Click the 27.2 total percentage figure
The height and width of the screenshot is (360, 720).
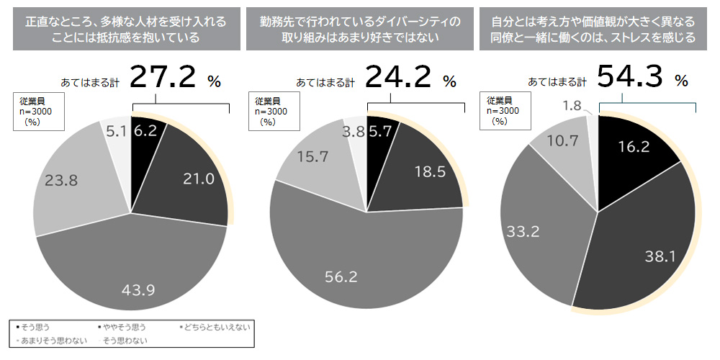point(163,77)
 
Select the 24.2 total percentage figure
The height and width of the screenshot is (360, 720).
point(398,77)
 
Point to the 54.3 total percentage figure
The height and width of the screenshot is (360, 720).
point(631,76)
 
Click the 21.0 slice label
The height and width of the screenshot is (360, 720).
point(198,179)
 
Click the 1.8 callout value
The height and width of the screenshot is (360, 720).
point(572,106)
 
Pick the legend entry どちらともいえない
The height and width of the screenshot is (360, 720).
point(217,328)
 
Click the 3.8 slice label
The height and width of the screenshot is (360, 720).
point(353,131)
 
